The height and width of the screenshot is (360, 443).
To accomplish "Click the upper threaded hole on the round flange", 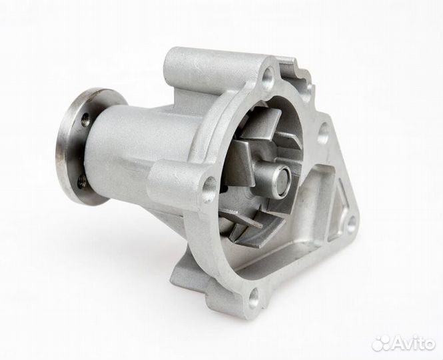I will (85, 121).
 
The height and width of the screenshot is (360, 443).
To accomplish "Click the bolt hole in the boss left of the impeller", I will (209, 189).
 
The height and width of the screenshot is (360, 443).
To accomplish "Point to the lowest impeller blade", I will (243, 220).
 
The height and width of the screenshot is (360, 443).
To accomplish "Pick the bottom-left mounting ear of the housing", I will (193, 280).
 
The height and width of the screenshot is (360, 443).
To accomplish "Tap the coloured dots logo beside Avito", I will (382, 342).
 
